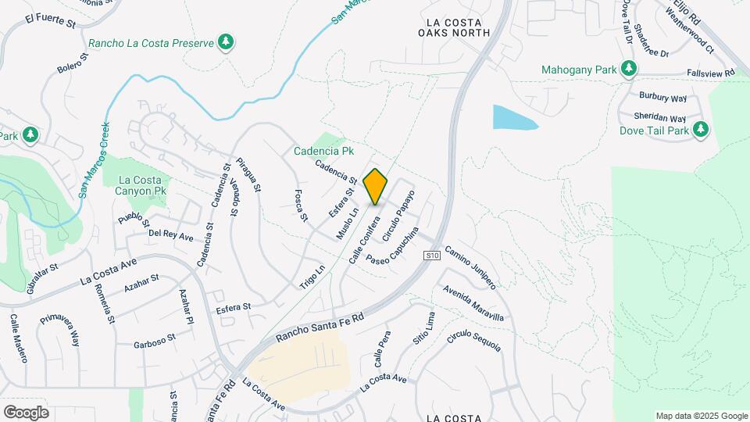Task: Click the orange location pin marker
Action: (376, 187)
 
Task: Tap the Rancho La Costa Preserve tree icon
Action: (227, 41)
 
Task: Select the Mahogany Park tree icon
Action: (628, 70)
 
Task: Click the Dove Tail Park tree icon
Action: (701, 129)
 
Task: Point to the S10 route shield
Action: (432, 256)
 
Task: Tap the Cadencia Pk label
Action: (324, 150)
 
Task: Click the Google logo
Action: (26, 412)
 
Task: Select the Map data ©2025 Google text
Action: (702, 416)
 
